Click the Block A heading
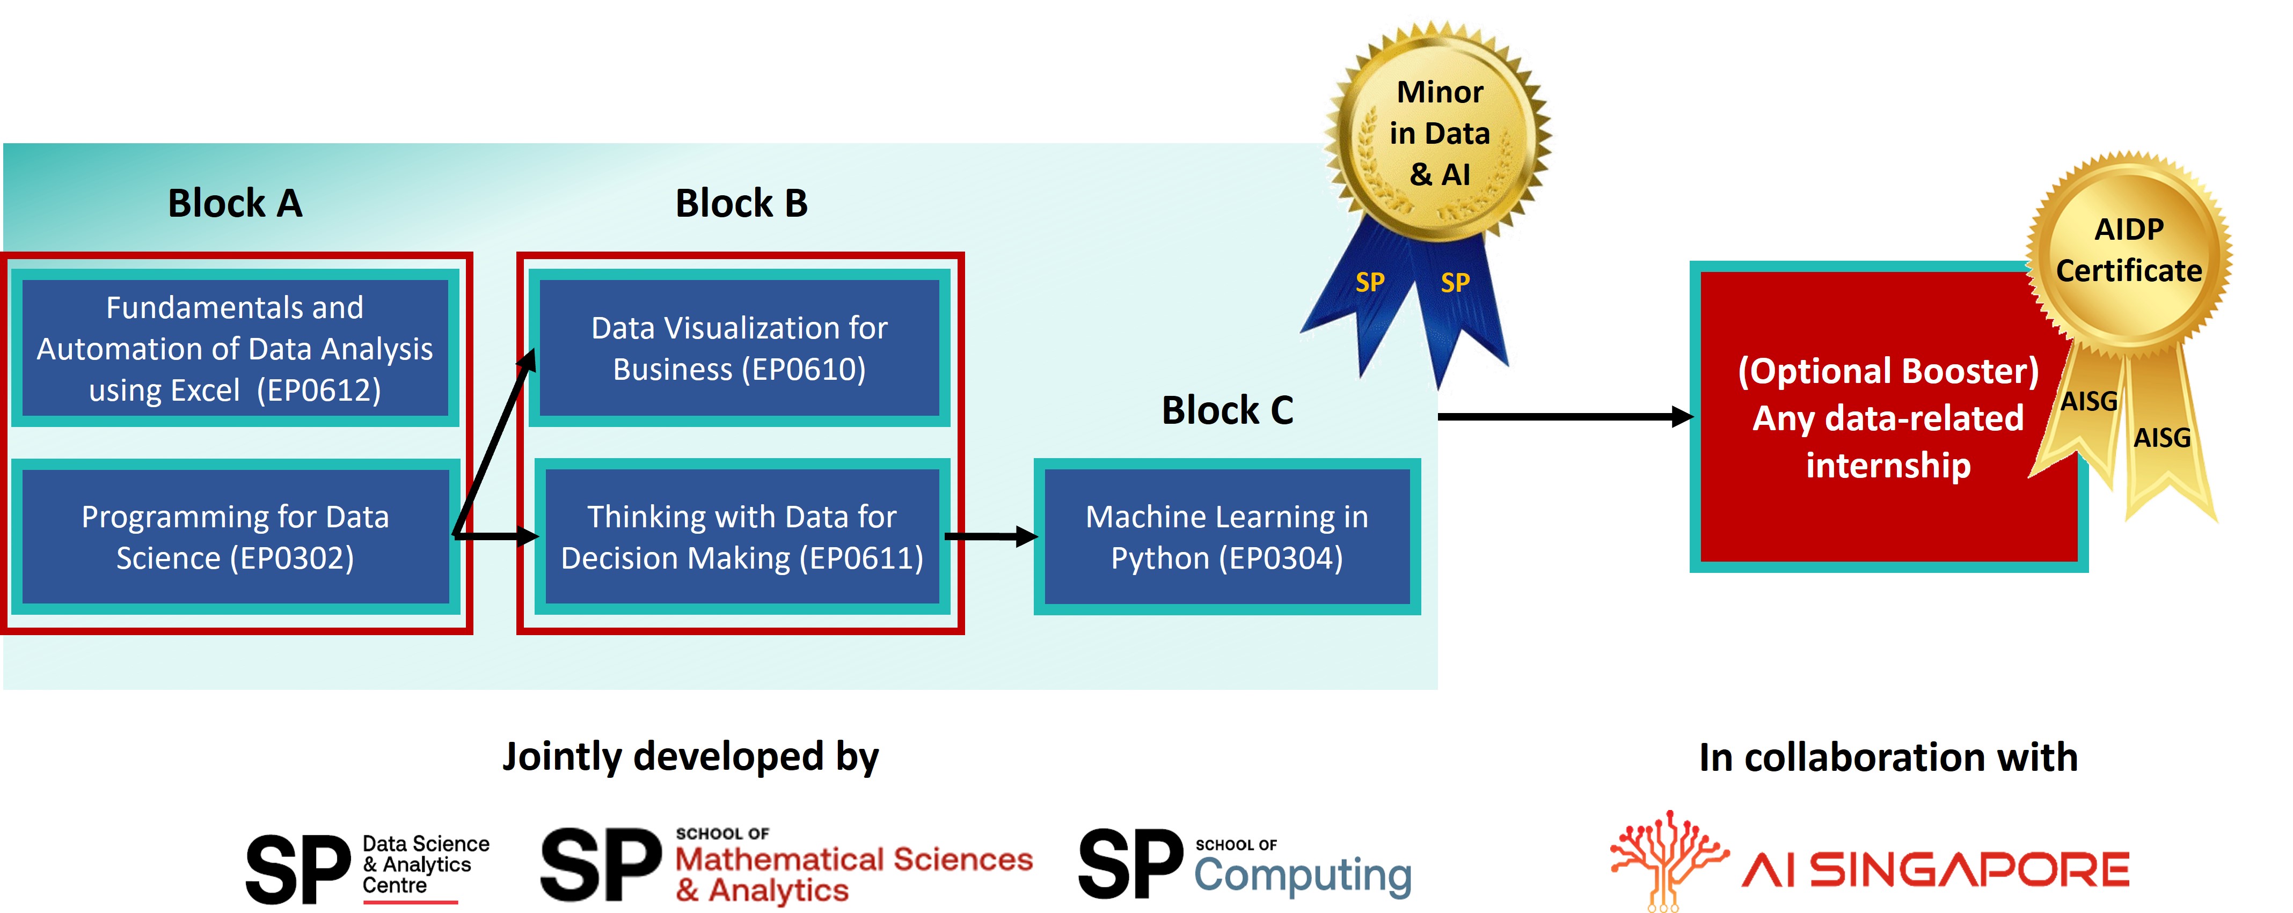[x=235, y=204]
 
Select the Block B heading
[x=741, y=204]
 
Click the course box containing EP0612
[x=235, y=349]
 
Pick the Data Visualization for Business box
[x=739, y=349]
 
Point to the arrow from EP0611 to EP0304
[x=990, y=536]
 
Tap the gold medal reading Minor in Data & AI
[x=1438, y=134]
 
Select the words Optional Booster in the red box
[x=1887, y=371]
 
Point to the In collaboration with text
[x=1887, y=757]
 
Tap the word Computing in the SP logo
[x=1302, y=875]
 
